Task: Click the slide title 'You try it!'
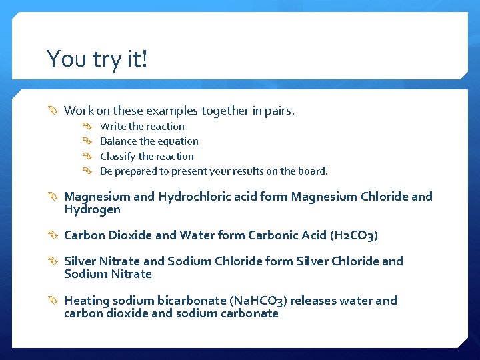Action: point(97,59)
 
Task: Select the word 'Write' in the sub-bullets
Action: point(113,127)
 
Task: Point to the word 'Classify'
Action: point(118,157)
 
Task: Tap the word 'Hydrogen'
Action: point(92,209)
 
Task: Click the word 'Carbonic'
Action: point(272,235)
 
